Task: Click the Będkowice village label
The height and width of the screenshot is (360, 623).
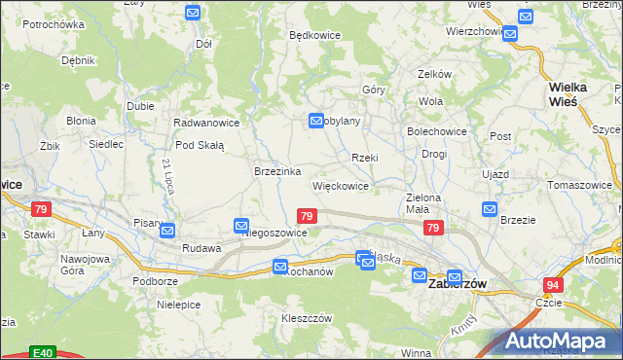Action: [x=312, y=34]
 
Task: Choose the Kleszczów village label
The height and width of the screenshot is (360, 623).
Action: [x=307, y=318]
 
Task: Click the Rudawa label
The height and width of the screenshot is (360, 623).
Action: [x=202, y=248]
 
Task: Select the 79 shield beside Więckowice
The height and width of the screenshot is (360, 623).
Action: [x=307, y=216]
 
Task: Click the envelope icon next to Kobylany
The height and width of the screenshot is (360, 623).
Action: [x=316, y=121]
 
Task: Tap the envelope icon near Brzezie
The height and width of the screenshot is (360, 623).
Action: [x=489, y=209]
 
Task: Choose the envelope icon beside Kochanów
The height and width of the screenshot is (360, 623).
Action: [x=280, y=266]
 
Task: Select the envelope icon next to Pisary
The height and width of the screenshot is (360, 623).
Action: [x=167, y=231]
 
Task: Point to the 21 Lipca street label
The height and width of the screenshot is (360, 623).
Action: [x=167, y=175]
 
